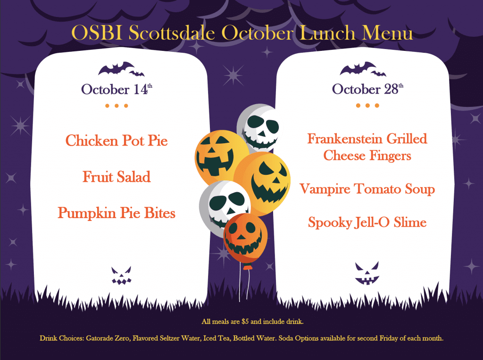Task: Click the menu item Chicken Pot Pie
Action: [117, 140]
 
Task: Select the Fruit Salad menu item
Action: [117, 177]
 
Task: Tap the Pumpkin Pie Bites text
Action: [117, 213]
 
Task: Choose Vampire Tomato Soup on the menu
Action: [367, 189]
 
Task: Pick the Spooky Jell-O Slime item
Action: [367, 222]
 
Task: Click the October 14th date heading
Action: [117, 89]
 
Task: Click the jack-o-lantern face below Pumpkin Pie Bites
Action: [121, 275]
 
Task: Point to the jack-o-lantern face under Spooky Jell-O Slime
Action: [366, 274]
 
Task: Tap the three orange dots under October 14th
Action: [117, 106]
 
